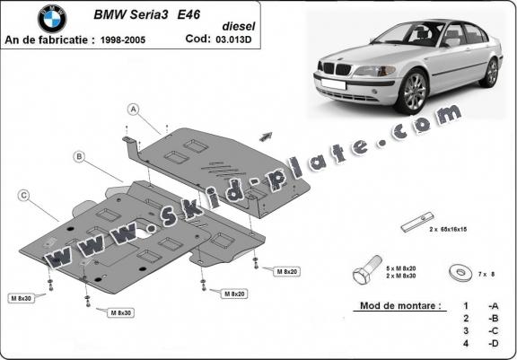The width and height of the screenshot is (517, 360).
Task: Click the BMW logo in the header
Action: [x=52, y=19]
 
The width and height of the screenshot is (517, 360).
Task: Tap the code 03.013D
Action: [x=233, y=40]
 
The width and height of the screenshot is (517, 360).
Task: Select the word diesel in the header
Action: [x=239, y=26]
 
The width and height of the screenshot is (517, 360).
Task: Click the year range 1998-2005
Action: [x=123, y=40]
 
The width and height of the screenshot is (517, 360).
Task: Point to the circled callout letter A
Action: [x=134, y=110]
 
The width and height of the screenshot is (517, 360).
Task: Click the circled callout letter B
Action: [x=79, y=157]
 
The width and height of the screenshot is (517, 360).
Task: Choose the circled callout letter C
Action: [x=23, y=196]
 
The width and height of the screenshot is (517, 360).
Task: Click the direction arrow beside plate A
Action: [x=266, y=136]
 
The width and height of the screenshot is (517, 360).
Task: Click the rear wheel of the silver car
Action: [x=491, y=73]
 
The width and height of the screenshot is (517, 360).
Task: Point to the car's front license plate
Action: [x=333, y=84]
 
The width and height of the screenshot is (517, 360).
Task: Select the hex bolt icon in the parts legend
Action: [x=366, y=270]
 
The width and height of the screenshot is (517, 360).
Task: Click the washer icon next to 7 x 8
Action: [x=461, y=272]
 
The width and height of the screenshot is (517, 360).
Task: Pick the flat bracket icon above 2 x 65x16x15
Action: [x=417, y=222]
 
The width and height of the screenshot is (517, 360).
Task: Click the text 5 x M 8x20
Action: [x=401, y=268]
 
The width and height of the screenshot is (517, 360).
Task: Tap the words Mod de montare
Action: [x=400, y=305]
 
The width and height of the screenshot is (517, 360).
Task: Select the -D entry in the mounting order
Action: [x=494, y=343]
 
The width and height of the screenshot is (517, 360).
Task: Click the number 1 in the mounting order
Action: [x=466, y=306]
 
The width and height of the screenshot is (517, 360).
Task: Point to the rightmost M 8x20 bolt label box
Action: [x=287, y=272]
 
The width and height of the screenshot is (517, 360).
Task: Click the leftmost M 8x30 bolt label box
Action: [x=22, y=299]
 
